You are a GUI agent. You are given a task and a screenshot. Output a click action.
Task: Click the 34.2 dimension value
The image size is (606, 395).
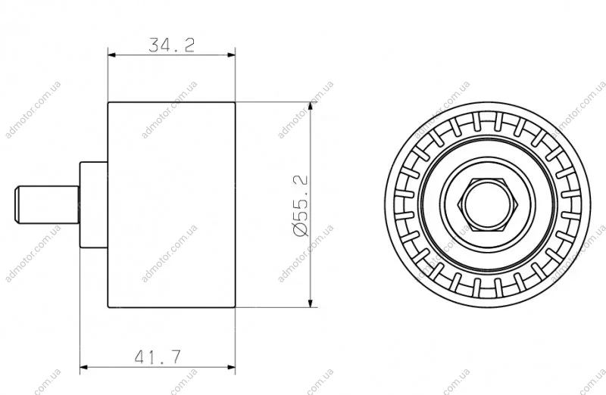(172, 45)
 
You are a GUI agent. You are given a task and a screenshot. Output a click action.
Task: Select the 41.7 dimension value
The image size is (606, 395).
(158, 357)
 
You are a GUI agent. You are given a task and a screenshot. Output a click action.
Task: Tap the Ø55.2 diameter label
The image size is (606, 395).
(301, 205)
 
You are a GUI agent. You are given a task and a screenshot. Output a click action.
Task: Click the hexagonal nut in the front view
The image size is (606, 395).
(487, 204)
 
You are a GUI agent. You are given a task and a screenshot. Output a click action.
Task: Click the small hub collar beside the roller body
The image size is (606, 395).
(93, 204)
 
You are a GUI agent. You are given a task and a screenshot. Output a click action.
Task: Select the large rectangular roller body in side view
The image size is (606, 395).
(172, 204)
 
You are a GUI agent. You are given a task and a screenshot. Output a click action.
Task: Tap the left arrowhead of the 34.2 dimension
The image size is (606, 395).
(112, 55)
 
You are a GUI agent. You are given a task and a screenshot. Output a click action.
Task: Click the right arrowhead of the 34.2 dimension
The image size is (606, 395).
(231, 55)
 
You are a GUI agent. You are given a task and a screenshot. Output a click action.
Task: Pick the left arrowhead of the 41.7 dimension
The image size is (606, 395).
(84, 367)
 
